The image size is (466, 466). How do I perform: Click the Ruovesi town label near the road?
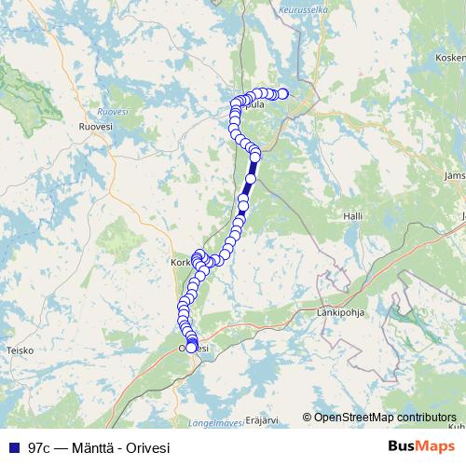coord(95,125)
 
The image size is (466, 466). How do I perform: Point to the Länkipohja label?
coord(340,313)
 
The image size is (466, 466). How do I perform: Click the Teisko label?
coord(20,350)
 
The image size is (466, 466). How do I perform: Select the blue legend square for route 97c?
coord(12,447)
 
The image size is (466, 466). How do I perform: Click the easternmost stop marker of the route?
coord(283,93)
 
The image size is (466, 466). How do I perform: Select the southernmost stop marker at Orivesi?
coord(192,348)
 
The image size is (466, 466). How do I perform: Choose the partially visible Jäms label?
coord(456,174)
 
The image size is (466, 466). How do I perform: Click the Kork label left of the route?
coord(181,264)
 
